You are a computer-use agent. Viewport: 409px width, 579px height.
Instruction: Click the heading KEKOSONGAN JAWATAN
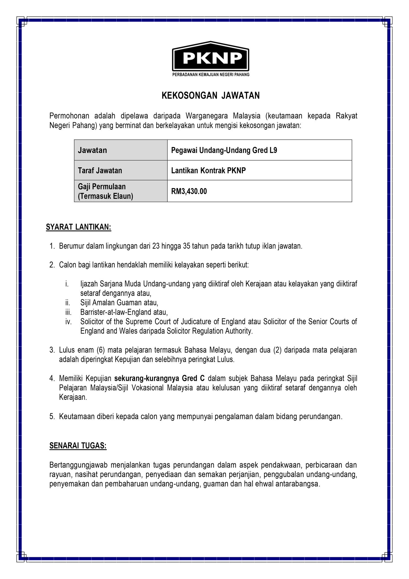210,96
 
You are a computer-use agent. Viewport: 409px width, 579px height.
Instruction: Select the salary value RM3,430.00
189,191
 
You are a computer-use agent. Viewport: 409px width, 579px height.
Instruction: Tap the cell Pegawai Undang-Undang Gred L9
224,150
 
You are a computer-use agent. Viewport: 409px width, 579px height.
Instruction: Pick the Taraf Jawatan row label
100,170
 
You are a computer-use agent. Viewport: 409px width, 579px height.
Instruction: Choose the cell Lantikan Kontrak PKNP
208,170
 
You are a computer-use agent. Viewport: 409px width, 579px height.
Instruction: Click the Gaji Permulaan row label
102,187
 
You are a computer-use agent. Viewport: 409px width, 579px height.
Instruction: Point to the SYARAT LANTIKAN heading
79,227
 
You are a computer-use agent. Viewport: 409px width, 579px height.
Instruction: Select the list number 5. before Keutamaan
52,416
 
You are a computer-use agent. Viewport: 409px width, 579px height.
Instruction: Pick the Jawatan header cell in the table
92,150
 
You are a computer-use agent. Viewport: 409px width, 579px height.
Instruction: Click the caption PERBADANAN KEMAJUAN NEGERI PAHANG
211,75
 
